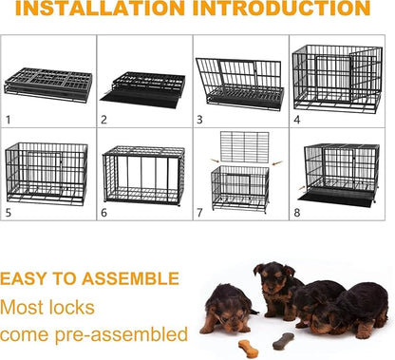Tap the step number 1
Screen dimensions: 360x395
[x=8, y=120]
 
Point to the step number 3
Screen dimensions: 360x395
[x=199, y=121]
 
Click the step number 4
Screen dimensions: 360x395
[x=297, y=121]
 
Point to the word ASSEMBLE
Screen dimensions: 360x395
[x=128, y=279]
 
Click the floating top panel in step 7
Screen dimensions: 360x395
[x=244, y=146]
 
